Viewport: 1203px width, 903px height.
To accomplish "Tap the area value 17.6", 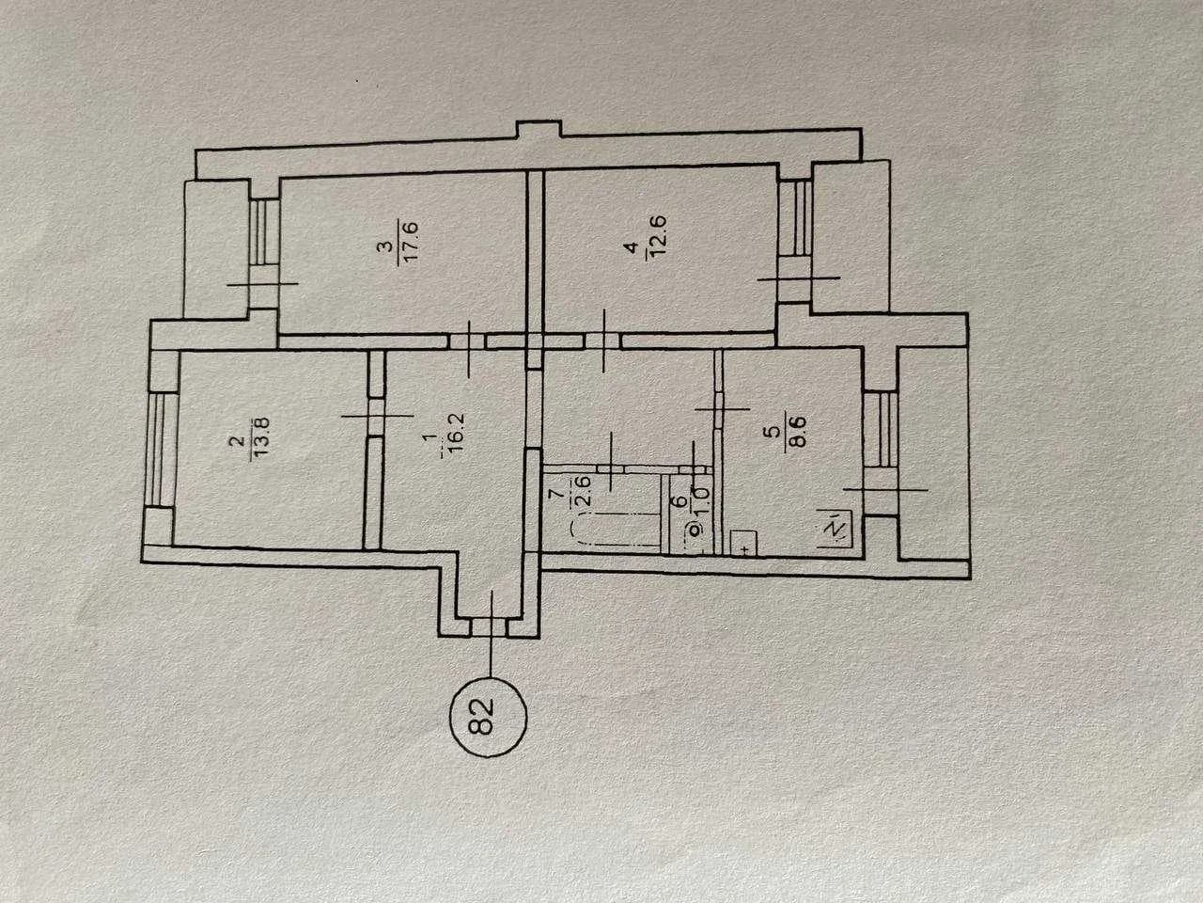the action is click(411, 243).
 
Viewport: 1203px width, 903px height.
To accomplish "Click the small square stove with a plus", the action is click(743, 544).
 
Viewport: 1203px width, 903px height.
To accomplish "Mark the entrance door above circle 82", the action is click(489, 627).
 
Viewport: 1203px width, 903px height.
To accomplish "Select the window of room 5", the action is click(882, 429).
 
